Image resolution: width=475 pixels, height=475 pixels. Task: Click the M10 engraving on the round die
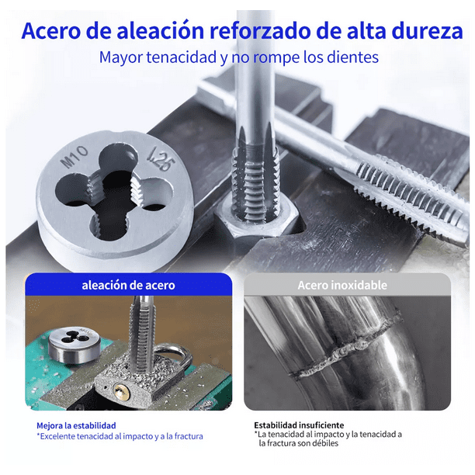tap(75, 157)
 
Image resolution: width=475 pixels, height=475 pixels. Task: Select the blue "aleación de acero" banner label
tap(128, 285)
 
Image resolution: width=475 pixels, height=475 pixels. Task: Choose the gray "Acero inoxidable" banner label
tap(342, 285)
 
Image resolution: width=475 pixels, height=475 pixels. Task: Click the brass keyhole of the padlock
tap(121, 392)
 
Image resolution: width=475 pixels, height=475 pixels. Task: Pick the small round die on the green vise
tap(75, 345)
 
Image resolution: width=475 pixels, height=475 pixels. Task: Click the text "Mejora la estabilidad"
tap(76, 425)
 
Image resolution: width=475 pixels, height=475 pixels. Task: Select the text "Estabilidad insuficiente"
tap(299, 425)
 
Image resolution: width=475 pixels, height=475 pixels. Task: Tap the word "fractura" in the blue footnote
tap(189, 436)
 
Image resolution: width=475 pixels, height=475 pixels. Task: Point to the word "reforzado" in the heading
tap(259, 30)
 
